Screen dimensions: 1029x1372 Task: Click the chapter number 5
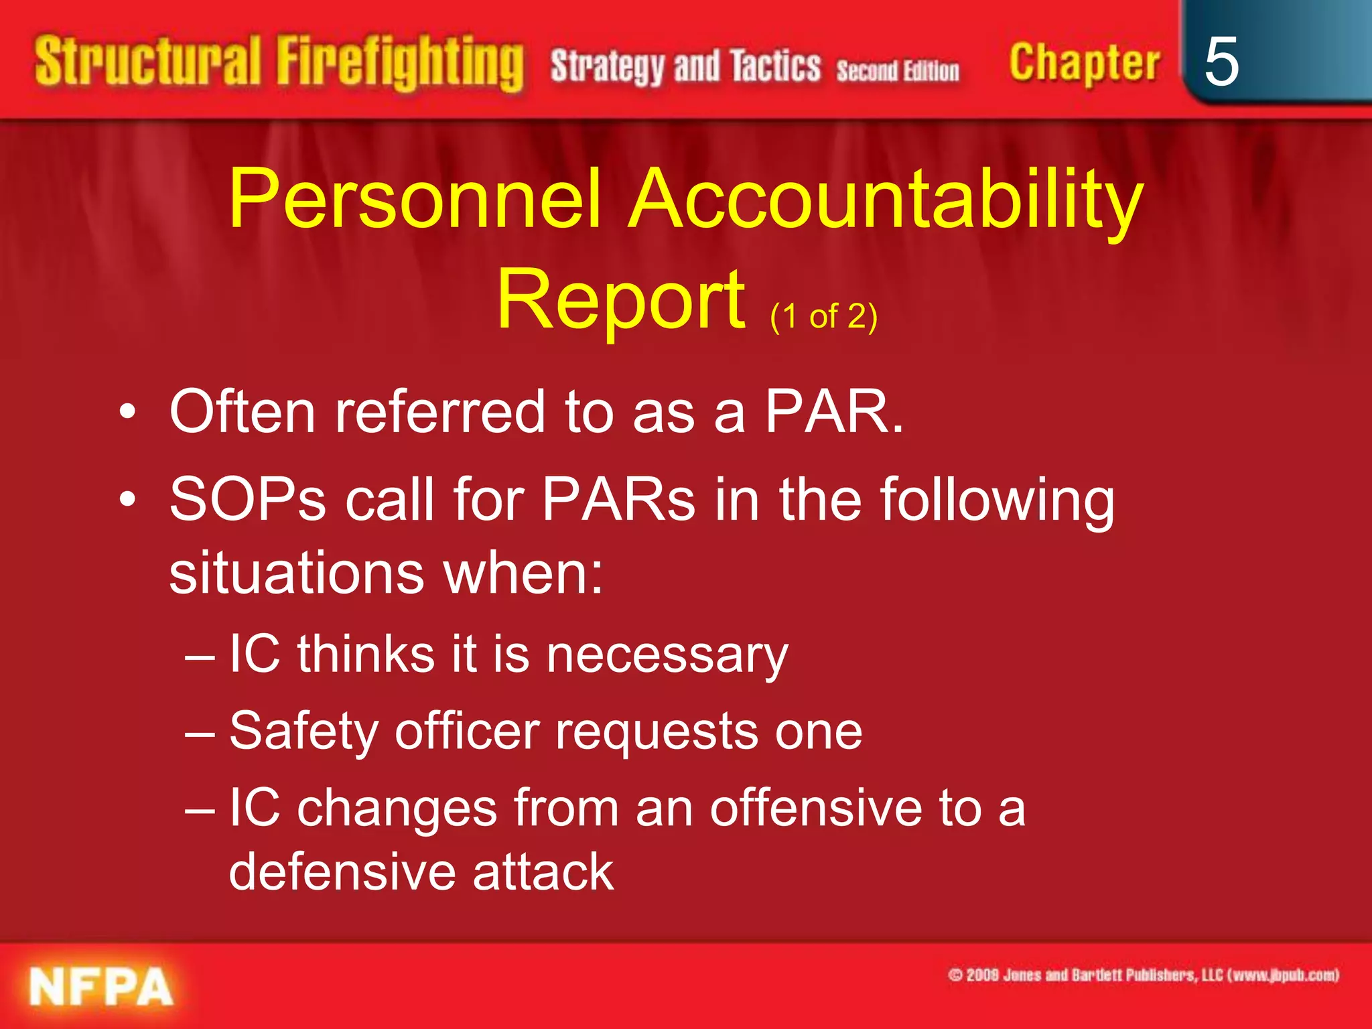tap(1221, 62)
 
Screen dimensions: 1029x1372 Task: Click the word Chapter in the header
tap(1084, 63)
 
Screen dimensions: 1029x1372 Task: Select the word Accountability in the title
tap(887, 199)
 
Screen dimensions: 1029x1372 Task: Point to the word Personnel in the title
tap(415, 199)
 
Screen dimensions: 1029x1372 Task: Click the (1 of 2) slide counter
tap(823, 316)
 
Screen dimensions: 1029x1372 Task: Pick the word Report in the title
tap(620, 299)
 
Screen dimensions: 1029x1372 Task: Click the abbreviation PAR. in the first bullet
tap(834, 411)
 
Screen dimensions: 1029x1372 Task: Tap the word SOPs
tap(247, 500)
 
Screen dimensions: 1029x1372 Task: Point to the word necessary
tap(667, 655)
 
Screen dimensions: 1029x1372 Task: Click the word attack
tap(543, 872)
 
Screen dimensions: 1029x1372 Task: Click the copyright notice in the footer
tap(1144, 975)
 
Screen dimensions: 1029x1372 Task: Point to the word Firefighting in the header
tap(400, 63)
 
